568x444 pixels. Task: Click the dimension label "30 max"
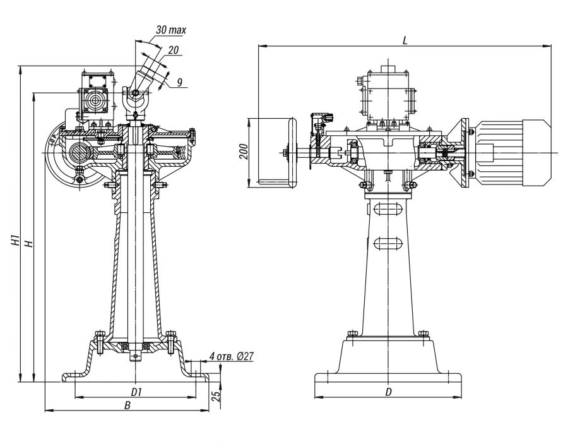point(171,30)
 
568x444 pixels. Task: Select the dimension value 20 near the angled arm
point(173,50)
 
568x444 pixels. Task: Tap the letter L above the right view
point(405,40)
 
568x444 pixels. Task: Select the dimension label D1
point(136,392)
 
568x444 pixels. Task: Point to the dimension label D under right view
point(389,392)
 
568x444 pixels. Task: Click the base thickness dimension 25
point(215,396)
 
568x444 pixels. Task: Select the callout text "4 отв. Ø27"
point(231,357)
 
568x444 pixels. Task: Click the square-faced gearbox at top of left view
point(97,98)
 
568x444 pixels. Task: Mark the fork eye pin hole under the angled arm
point(136,94)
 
